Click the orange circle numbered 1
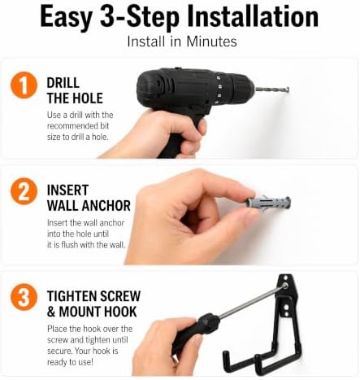click(24, 85)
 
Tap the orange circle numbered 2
click(24, 191)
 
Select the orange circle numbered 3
click(24, 297)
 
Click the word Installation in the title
click(253, 17)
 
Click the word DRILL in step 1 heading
click(63, 83)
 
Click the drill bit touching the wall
click(272, 90)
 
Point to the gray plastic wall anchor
click(269, 203)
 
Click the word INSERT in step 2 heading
click(67, 190)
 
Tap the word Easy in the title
click(67, 18)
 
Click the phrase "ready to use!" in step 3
click(70, 362)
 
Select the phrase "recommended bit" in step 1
click(78, 126)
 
